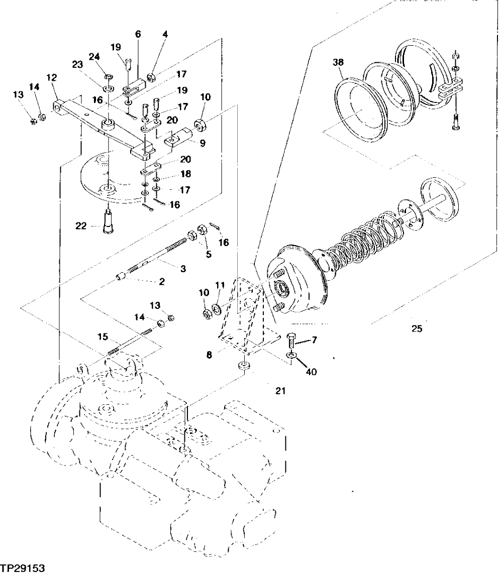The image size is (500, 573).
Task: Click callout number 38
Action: [x=338, y=63]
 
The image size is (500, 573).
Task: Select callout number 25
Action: [x=417, y=330]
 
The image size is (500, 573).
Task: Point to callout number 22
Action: [x=81, y=226]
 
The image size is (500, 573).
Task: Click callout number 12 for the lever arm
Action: [x=52, y=77]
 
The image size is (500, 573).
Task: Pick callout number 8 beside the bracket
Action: [x=209, y=354]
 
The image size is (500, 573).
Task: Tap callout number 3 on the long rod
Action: [x=183, y=269]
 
